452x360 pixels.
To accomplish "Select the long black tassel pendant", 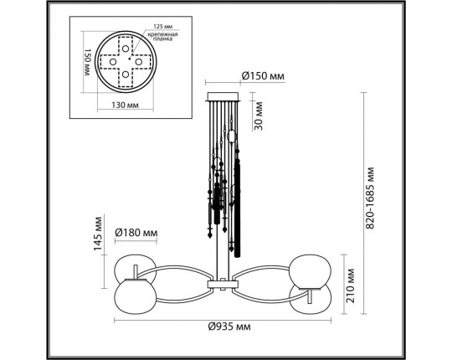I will (x=237, y=209).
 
